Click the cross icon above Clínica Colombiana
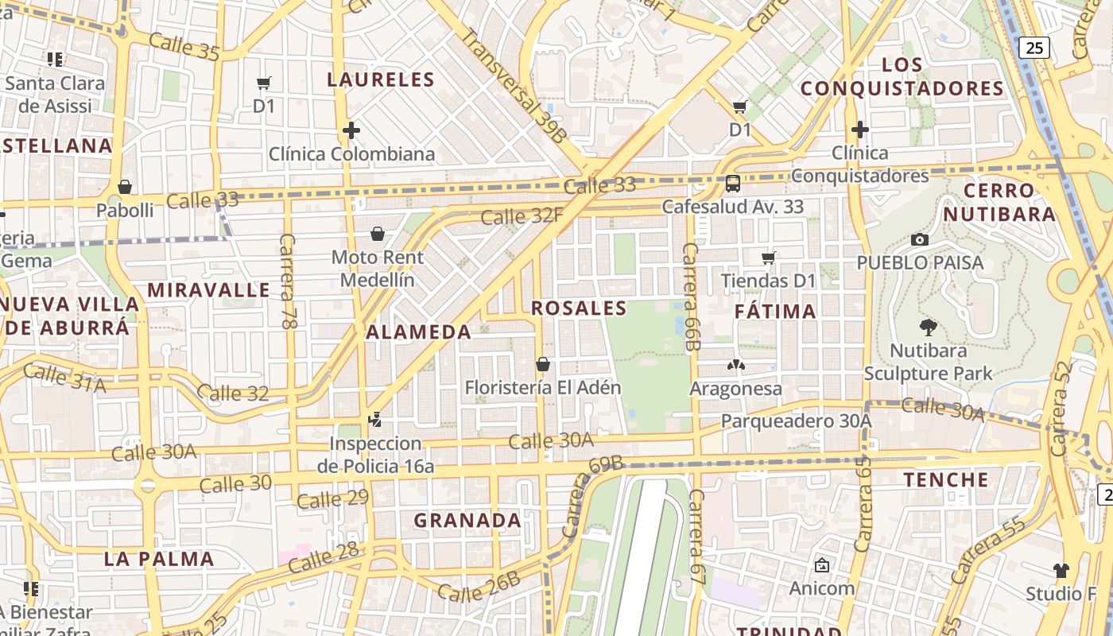(351, 130)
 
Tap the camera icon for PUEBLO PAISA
(919, 239)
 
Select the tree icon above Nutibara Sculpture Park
(928, 327)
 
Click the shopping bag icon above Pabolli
(125, 187)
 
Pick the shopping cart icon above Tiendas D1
(768, 258)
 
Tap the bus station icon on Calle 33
(733, 184)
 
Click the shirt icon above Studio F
(1061, 570)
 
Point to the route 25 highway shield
(1034, 48)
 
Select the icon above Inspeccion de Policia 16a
(374, 419)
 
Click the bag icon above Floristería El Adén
(543, 364)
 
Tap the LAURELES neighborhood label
(381, 79)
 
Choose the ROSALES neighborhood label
(579, 308)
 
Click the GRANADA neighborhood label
(467, 521)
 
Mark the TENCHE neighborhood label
(946, 479)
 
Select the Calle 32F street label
(522, 215)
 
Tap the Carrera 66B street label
(691, 297)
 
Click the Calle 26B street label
(479, 587)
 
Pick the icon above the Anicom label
(822, 565)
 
